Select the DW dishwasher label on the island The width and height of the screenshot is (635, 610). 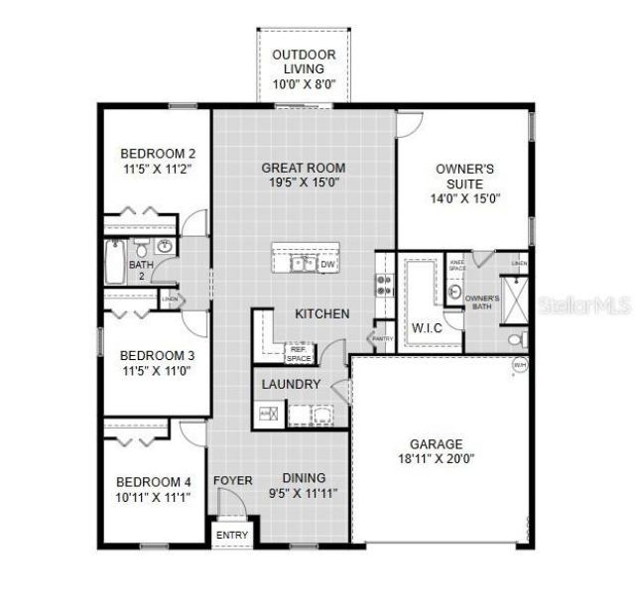click(326, 264)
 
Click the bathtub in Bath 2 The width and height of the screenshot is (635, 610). click(112, 264)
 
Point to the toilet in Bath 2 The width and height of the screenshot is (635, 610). click(142, 248)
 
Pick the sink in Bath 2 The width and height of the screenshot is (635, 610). click(166, 247)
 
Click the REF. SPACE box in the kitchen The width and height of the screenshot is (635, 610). click(299, 352)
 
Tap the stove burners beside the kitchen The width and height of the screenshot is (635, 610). click(384, 286)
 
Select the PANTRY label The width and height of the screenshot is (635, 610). click(383, 338)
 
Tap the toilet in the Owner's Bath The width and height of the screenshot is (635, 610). click(516, 339)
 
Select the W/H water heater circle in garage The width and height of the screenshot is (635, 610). click(519, 366)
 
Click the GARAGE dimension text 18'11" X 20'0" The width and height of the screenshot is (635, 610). click(437, 459)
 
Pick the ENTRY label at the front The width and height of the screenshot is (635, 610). click(232, 537)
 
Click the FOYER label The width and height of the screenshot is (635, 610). click(232, 480)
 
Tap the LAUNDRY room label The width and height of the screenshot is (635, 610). click(291, 384)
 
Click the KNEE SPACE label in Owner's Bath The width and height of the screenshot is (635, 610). click(457, 265)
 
